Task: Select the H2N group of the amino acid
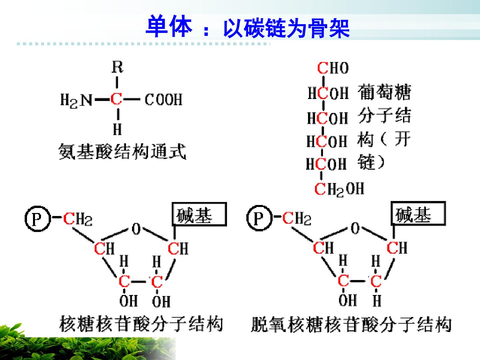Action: click(76, 100)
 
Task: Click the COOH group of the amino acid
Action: click(163, 100)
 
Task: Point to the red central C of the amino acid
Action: click(116, 99)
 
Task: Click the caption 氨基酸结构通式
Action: click(122, 151)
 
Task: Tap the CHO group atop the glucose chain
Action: click(333, 68)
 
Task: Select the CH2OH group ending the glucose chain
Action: click(339, 189)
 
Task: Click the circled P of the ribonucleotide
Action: click(38, 219)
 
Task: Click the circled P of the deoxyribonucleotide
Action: click(260, 218)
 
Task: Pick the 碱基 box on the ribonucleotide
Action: click(199, 214)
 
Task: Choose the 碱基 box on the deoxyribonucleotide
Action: click(418, 213)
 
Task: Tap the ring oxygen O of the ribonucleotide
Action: click(136, 229)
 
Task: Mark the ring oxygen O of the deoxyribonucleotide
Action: click(355, 228)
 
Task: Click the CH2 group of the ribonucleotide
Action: click(78, 219)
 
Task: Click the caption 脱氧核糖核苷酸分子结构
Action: click(351, 324)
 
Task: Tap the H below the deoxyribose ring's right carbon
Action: click(377, 300)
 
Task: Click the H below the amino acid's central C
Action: click(117, 129)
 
